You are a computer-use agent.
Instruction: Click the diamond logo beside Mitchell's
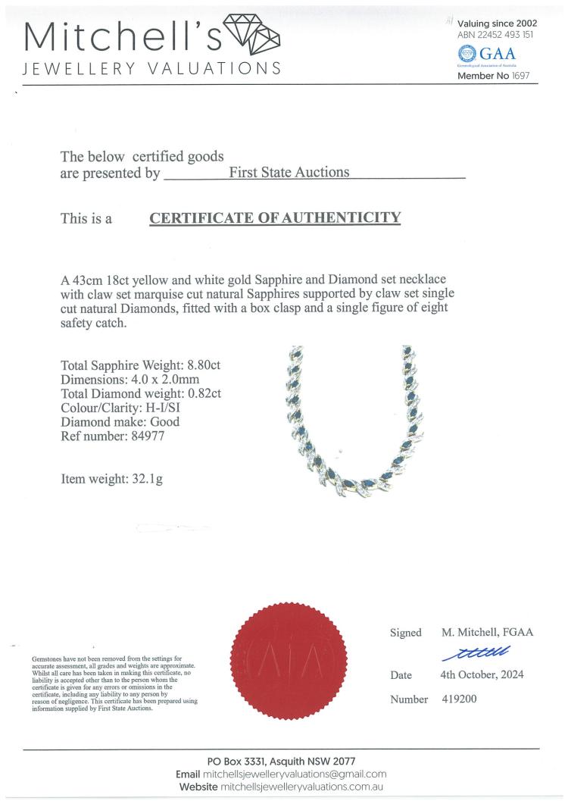pos(254,33)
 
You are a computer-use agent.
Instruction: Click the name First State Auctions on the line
pos(289,172)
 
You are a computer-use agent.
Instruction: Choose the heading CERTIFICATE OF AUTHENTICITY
pos(275,218)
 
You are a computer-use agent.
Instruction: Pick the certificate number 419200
pos(459,699)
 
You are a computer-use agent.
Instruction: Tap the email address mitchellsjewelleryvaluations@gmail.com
pos(295,774)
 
